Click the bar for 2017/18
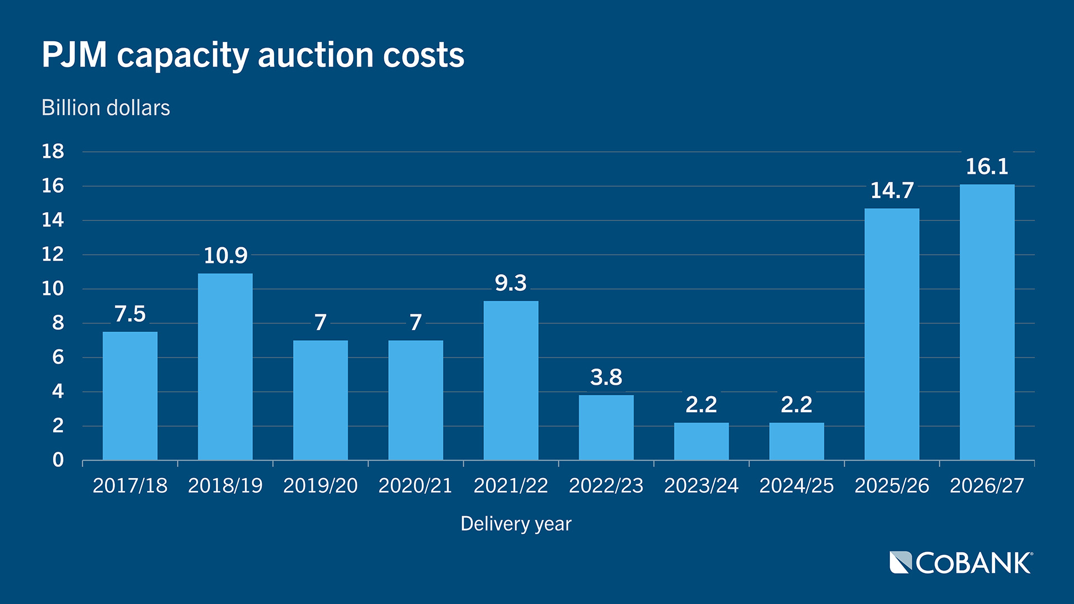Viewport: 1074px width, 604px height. (130, 396)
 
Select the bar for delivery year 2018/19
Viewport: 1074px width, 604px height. (225, 367)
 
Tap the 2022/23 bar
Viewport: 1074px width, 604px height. (606, 428)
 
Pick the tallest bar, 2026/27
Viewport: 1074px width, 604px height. (987, 322)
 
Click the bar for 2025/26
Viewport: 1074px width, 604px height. (892, 334)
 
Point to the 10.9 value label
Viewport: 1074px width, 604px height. (225, 256)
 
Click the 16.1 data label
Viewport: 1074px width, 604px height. (987, 167)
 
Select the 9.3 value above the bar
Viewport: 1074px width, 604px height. (511, 283)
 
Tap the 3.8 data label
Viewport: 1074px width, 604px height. (606, 377)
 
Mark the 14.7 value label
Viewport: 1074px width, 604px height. (892, 191)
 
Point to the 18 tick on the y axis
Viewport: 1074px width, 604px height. (53, 152)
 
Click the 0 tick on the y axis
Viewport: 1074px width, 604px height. (58, 460)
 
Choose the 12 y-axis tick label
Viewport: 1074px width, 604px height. (53, 254)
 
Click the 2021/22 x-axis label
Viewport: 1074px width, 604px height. (511, 485)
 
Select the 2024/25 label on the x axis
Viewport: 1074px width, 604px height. (797, 485)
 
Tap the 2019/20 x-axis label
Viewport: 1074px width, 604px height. (321, 485)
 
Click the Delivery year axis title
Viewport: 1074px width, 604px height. (516, 524)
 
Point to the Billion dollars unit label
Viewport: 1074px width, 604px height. (106, 108)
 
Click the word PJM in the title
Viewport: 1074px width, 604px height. (74, 55)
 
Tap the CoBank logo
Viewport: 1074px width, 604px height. (961, 563)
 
